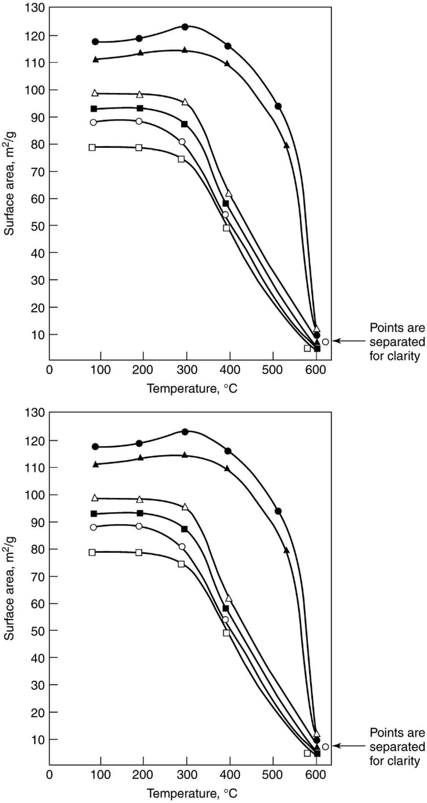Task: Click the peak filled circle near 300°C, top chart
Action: tap(185, 27)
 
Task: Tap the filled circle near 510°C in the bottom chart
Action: tap(278, 511)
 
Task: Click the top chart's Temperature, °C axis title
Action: tap(192, 389)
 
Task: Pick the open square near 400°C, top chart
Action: tap(226, 228)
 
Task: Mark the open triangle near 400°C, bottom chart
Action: tap(229, 598)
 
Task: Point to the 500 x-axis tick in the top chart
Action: tap(273, 370)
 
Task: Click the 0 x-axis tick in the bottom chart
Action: tap(50, 774)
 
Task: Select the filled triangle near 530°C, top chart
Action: tap(286, 145)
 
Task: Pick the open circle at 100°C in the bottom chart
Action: tap(93, 527)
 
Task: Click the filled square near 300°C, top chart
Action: tap(184, 124)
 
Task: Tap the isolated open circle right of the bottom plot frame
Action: tap(325, 746)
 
